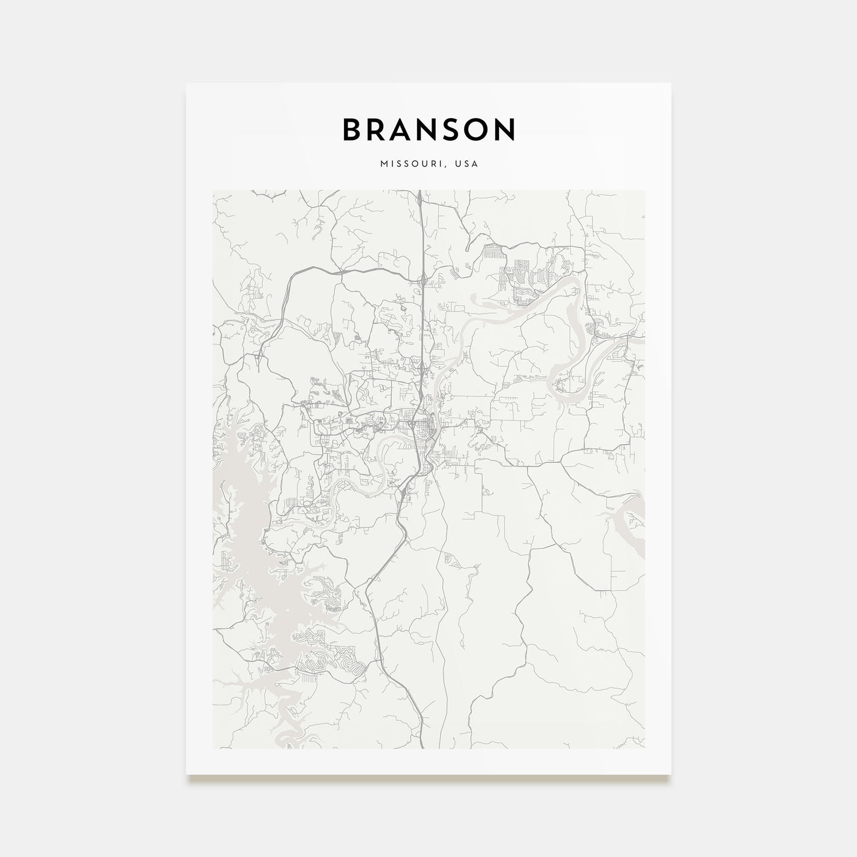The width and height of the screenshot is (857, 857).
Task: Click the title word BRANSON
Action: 428,129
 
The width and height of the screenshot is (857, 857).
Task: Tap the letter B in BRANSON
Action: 353,129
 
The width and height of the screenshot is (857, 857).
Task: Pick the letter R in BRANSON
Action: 379,129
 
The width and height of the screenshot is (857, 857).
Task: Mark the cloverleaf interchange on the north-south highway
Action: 423,367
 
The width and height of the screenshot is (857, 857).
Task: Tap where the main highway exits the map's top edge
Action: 419,192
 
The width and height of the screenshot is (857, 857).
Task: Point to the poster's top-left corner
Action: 187,84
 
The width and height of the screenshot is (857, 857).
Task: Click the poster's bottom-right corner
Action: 671,774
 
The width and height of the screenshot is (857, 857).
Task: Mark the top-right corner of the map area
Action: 644,190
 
